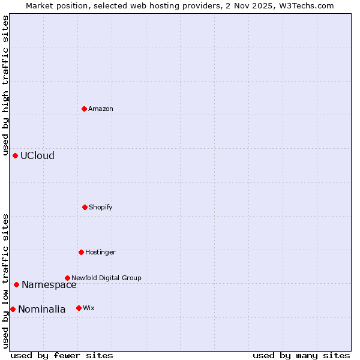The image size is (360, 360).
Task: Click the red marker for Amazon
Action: (x=84, y=109)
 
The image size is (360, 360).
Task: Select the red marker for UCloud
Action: (x=15, y=155)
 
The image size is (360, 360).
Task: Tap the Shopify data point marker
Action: (x=85, y=207)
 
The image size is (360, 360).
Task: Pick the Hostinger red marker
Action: (x=81, y=252)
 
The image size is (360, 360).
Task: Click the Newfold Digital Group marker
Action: (x=67, y=278)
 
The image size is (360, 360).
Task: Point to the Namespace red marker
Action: (x=16, y=284)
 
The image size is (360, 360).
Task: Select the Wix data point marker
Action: (x=79, y=308)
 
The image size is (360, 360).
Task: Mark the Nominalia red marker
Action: (x=13, y=309)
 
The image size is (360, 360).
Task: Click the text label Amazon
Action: (x=101, y=109)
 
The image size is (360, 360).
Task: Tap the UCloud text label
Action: (x=37, y=155)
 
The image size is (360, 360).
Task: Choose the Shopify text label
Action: (x=101, y=207)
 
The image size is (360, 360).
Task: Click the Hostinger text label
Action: (x=100, y=252)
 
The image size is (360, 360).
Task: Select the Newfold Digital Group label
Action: (x=106, y=278)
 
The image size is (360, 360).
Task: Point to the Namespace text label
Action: (x=49, y=284)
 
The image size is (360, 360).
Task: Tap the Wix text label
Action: (x=89, y=308)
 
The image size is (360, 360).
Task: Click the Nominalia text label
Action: (x=42, y=309)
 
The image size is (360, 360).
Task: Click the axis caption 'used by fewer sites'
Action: (x=62, y=355)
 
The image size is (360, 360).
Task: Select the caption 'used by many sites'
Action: (x=301, y=355)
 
